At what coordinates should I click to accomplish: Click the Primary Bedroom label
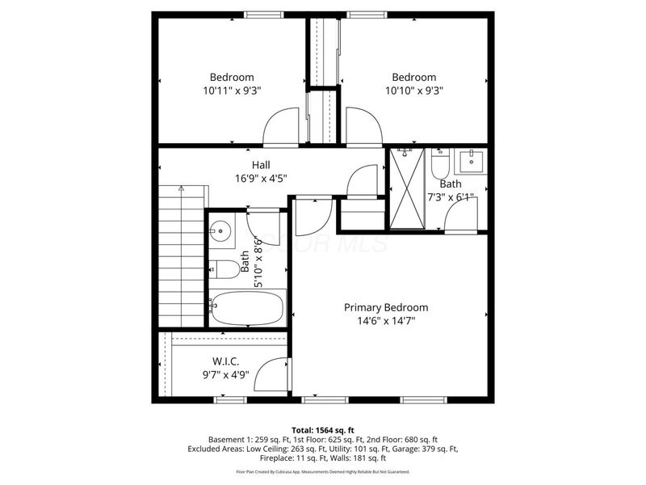click(386, 307)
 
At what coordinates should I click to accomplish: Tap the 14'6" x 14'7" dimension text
click(386, 321)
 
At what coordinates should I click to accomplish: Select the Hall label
click(260, 165)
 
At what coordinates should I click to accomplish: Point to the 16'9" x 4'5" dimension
click(260, 179)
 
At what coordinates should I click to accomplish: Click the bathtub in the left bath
click(247, 307)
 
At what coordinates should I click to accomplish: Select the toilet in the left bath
click(223, 268)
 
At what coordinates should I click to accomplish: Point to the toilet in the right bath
click(440, 167)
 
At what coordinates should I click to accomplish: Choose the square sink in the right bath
click(472, 162)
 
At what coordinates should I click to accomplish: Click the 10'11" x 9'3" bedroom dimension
click(232, 91)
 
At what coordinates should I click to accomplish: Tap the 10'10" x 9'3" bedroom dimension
click(414, 91)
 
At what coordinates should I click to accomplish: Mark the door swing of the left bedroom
click(283, 128)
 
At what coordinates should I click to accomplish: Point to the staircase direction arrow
click(181, 188)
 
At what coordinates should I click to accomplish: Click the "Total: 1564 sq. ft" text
click(323, 430)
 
